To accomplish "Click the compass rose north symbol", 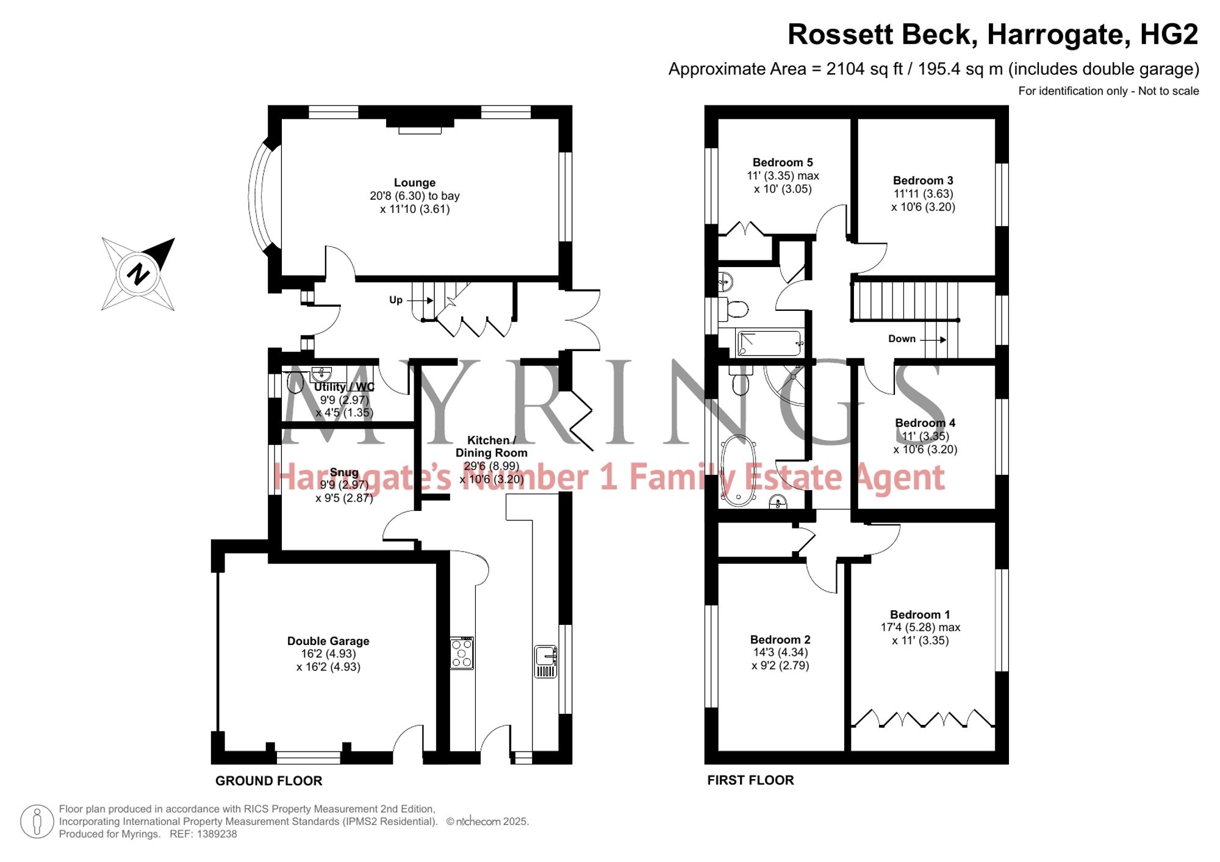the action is click(138, 274).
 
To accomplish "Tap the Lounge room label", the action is click(415, 183).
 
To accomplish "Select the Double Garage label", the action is click(328, 641).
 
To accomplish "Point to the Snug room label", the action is click(344, 472).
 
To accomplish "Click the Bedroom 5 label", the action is click(783, 163).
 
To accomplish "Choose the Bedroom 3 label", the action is click(923, 181).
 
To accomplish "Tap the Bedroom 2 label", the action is click(780, 640).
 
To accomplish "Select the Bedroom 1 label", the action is click(920, 615).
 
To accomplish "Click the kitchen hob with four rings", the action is click(462, 653).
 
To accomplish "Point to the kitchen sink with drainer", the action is click(545, 661).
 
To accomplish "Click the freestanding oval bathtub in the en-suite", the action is click(739, 470).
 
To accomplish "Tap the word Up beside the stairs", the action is click(396, 300).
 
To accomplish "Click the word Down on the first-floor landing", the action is click(902, 339).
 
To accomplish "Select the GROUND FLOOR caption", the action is click(269, 781).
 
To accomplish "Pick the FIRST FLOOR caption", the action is click(750, 780).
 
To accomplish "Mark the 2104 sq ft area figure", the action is click(864, 69).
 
